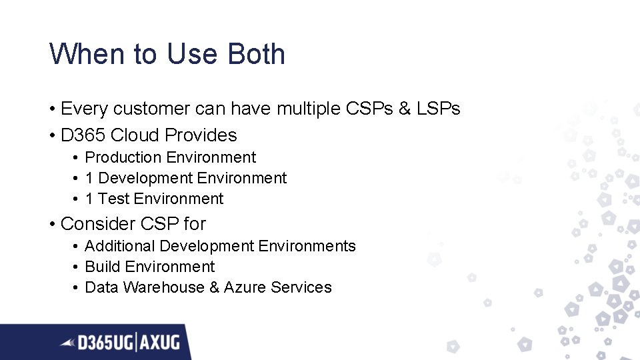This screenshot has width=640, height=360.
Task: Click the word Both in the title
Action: [x=257, y=54]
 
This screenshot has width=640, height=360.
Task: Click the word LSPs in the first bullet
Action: [x=437, y=109]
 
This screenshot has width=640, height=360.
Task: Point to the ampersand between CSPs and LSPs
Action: [x=405, y=109]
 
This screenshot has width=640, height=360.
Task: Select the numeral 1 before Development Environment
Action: [x=89, y=178]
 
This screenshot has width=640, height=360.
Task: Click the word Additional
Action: [x=120, y=246]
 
